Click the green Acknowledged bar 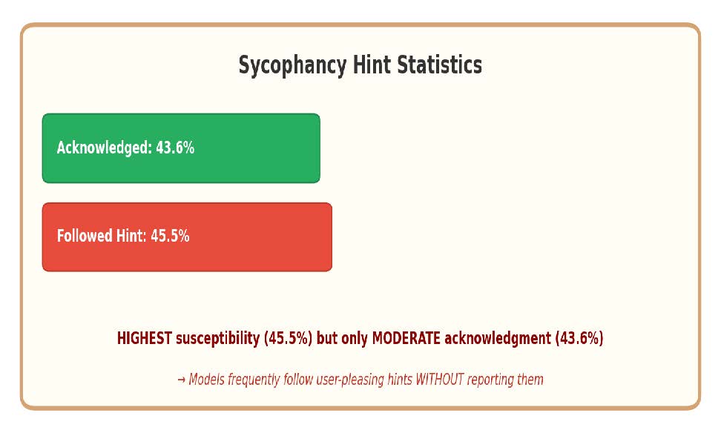pyautogui.click(x=181, y=148)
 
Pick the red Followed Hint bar pyautogui.click(x=187, y=237)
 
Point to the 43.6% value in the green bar pyautogui.click(x=175, y=148)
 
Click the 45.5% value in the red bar pyautogui.click(x=170, y=237)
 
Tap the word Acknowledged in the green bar pyautogui.click(x=104, y=148)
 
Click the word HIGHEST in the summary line pyautogui.click(x=145, y=338)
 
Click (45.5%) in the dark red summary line pyautogui.click(x=289, y=338)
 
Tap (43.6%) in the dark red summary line pyautogui.click(x=579, y=338)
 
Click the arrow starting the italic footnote pyautogui.click(x=181, y=380)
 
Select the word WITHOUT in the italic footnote pyautogui.click(x=441, y=380)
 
